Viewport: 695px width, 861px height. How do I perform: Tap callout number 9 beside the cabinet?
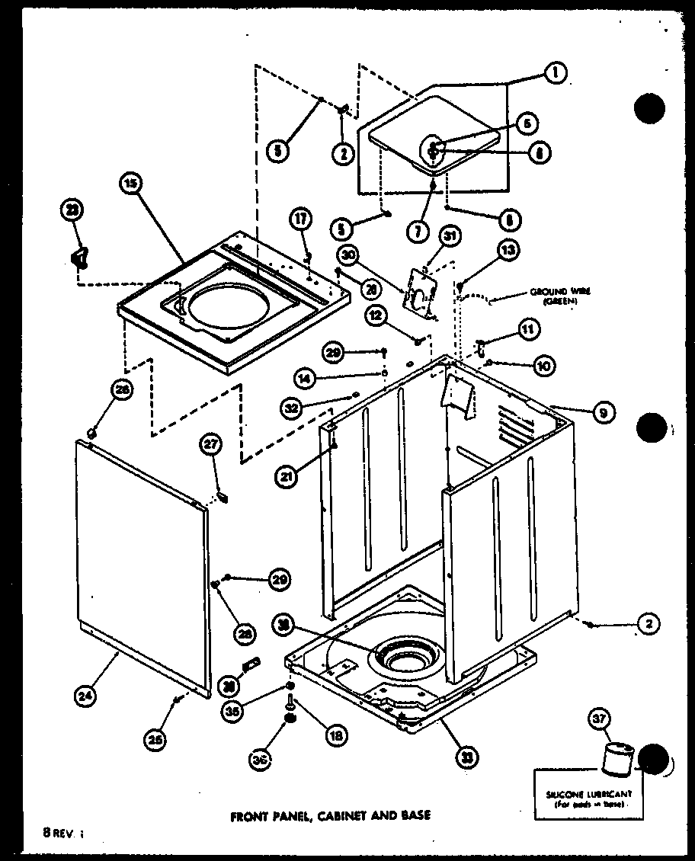click(x=602, y=413)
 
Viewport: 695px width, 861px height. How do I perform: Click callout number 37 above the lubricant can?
click(x=600, y=718)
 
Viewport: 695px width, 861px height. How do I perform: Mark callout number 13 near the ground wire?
click(x=509, y=249)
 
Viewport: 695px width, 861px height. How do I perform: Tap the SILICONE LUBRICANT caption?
click(x=599, y=797)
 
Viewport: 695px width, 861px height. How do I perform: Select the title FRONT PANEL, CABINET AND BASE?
click(x=330, y=815)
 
